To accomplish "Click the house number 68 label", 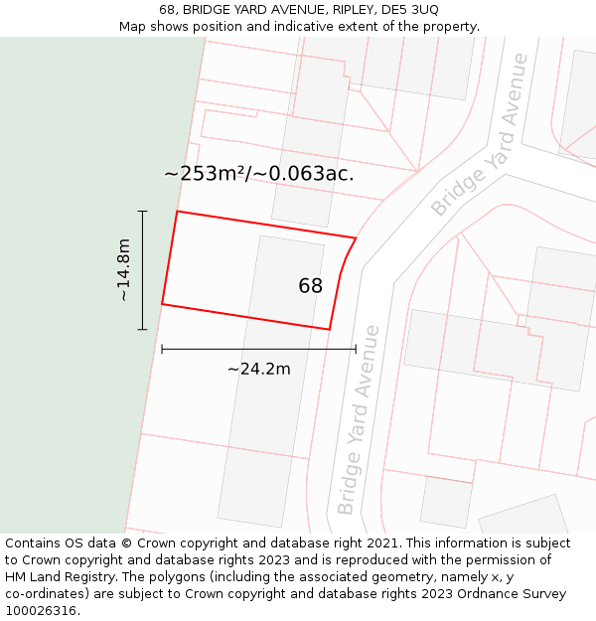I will pyautogui.click(x=310, y=286).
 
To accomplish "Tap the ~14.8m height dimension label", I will pyautogui.click(x=123, y=270).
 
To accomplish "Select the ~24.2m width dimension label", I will pyautogui.click(x=258, y=370).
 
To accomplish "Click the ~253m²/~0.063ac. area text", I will pyautogui.click(x=258, y=174).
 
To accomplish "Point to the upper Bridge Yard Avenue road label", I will pyautogui.click(x=481, y=136).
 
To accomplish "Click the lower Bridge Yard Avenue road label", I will pyautogui.click(x=359, y=419).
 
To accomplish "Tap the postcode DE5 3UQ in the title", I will pyautogui.click(x=410, y=10).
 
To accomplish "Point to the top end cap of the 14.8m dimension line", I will pyautogui.click(x=142, y=212).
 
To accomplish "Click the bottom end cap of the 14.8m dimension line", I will pyautogui.click(x=142, y=329).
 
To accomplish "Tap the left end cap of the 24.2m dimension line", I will pyautogui.click(x=162, y=349).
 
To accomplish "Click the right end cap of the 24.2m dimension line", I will pyautogui.click(x=356, y=349).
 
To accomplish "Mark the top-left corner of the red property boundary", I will pyautogui.click(x=177, y=212).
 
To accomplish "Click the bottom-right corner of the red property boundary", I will pyautogui.click(x=329, y=329).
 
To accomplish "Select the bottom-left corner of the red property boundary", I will pyautogui.click(x=162, y=304).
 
